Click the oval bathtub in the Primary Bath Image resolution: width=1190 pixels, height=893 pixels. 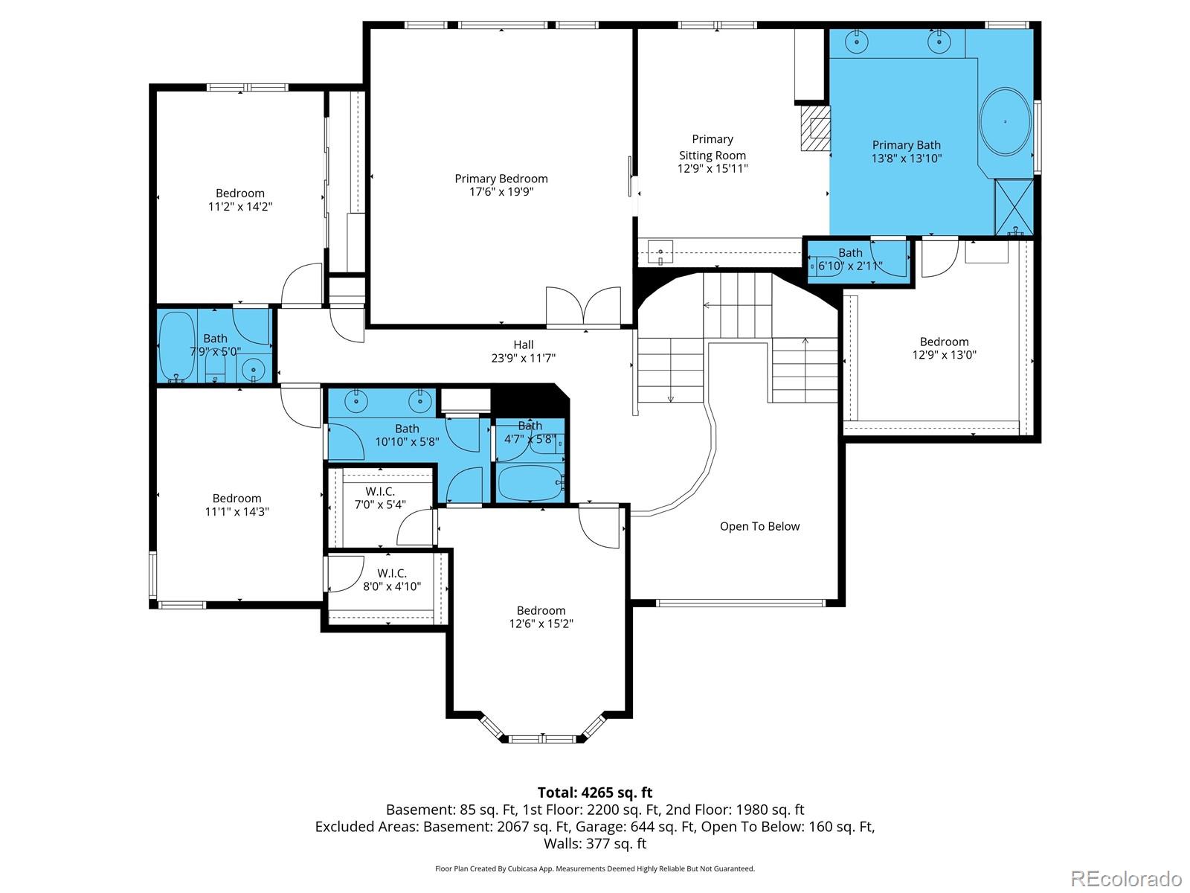click(1005, 122)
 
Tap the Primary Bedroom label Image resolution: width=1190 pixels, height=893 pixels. click(501, 179)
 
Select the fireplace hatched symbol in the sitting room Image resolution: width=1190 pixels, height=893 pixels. click(816, 128)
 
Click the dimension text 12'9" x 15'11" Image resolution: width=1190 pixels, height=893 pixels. click(712, 169)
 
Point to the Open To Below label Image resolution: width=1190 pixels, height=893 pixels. click(759, 526)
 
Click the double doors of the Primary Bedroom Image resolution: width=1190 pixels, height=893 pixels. click(583, 306)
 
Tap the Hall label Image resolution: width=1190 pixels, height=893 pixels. click(523, 345)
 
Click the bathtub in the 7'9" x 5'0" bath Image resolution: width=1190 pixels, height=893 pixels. click(176, 346)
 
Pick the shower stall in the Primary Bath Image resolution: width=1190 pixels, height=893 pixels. click(1014, 207)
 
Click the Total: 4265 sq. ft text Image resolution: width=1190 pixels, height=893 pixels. click(594, 793)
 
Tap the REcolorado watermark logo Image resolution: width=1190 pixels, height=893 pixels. click(1126, 878)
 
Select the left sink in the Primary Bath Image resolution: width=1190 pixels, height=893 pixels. click(858, 42)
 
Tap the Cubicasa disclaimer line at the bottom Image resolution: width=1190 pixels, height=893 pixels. click(594, 868)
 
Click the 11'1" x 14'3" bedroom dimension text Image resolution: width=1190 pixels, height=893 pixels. click(237, 512)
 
